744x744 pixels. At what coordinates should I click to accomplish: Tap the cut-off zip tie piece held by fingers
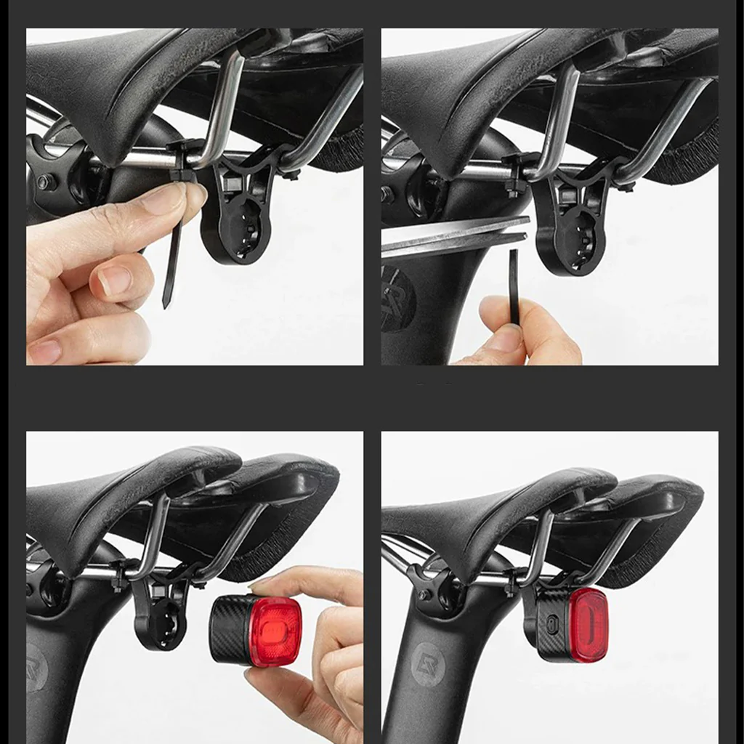[514, 287]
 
